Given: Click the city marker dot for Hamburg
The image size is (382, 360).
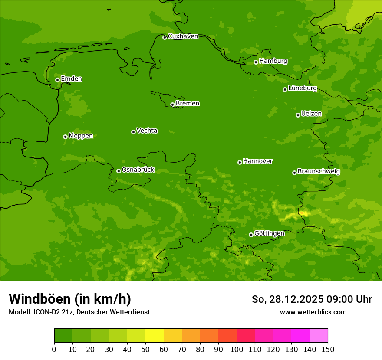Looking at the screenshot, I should [x=256, y=62].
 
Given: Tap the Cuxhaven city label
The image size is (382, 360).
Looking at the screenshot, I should [x=183, y=36].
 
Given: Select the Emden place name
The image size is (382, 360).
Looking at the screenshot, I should [x=71, y=79].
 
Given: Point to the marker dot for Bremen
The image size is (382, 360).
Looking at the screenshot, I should [x=172, y=105].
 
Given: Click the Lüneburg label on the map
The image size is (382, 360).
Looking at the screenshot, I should [x=303, y=88].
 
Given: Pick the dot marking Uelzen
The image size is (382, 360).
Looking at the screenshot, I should [x=298, y=115].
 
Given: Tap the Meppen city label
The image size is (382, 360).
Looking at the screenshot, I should [x=81, y=136].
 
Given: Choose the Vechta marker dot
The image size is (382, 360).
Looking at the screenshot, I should [x=133, y=132].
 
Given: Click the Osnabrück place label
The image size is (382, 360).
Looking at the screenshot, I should [x=138, y=170].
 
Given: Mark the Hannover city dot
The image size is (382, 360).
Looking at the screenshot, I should [x=240, y=162].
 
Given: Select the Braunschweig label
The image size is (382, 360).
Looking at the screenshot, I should [x=319, y=172].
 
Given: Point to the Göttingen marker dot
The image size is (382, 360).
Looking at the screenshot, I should [x=251, y=235].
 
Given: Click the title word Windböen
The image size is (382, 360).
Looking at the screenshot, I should [x=40, y=299].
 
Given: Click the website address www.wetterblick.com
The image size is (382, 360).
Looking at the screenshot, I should [x=313, y=312].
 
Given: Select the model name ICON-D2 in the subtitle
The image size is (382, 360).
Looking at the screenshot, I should [x=47, y=312].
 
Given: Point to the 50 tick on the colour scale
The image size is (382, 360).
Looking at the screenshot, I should [x=145, y=349].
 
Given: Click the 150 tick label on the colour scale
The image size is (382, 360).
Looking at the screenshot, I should [x=328, y=349].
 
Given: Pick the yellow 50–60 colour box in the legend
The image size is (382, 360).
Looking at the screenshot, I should [x=155, y=336].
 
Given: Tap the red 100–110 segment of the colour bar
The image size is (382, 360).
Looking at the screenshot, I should [x=246, y=336].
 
